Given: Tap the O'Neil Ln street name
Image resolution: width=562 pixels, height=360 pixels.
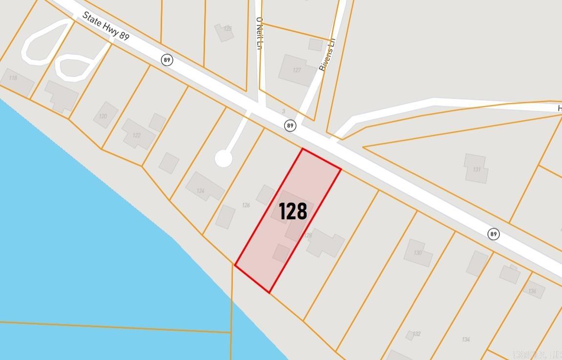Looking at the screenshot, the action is pyautogui.click(x=260, y=33).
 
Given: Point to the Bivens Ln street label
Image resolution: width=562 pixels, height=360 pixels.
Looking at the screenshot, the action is pyautogui.click(x=328, y=55).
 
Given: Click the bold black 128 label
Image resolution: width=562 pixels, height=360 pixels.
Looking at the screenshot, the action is pyautogui.click(x=293, y=211).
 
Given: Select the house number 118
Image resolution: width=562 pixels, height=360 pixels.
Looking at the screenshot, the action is pyautogui.click(x=13, y=78).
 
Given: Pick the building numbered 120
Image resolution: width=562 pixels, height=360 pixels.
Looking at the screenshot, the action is pyautogui.click(x=103, y=116).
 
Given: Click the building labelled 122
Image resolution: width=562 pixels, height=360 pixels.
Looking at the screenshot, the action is pyautogui.click(x=137, y=135).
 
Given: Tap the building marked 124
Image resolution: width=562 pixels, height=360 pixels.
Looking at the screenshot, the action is pyautogui.click(x=201, y=191).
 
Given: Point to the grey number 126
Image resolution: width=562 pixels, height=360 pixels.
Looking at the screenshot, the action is pyautogui.click(x=246, y=205).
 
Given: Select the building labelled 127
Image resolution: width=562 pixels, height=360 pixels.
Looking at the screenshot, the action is pyautogui.click(x=297, y=70).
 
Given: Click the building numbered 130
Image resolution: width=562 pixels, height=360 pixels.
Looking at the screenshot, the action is pyautogui.click(x=417, y=253).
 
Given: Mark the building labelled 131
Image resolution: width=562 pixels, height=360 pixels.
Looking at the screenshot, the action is pyautogui.click(x=477, y=169).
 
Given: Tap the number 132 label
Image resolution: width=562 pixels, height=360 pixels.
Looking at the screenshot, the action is pyautogui.click(x=416, y=334).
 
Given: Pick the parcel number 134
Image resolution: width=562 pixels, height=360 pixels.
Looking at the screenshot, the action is pyautogui.click(x=466, y=339).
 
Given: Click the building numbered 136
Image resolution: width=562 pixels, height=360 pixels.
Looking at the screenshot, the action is pyautogui.click(x=532, y=291).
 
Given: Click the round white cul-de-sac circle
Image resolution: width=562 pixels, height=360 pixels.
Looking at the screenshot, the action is pyautogui.click(x=223, y=159).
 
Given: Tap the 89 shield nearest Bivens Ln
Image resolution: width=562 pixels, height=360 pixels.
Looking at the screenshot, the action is pyautogui.click(x=291, y=126).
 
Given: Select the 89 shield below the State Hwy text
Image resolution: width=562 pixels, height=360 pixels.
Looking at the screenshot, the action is pyautogui.click(x=167, y=60).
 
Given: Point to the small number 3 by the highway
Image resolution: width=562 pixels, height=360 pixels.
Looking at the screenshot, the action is pyautogui.click(x=283, y=112).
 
